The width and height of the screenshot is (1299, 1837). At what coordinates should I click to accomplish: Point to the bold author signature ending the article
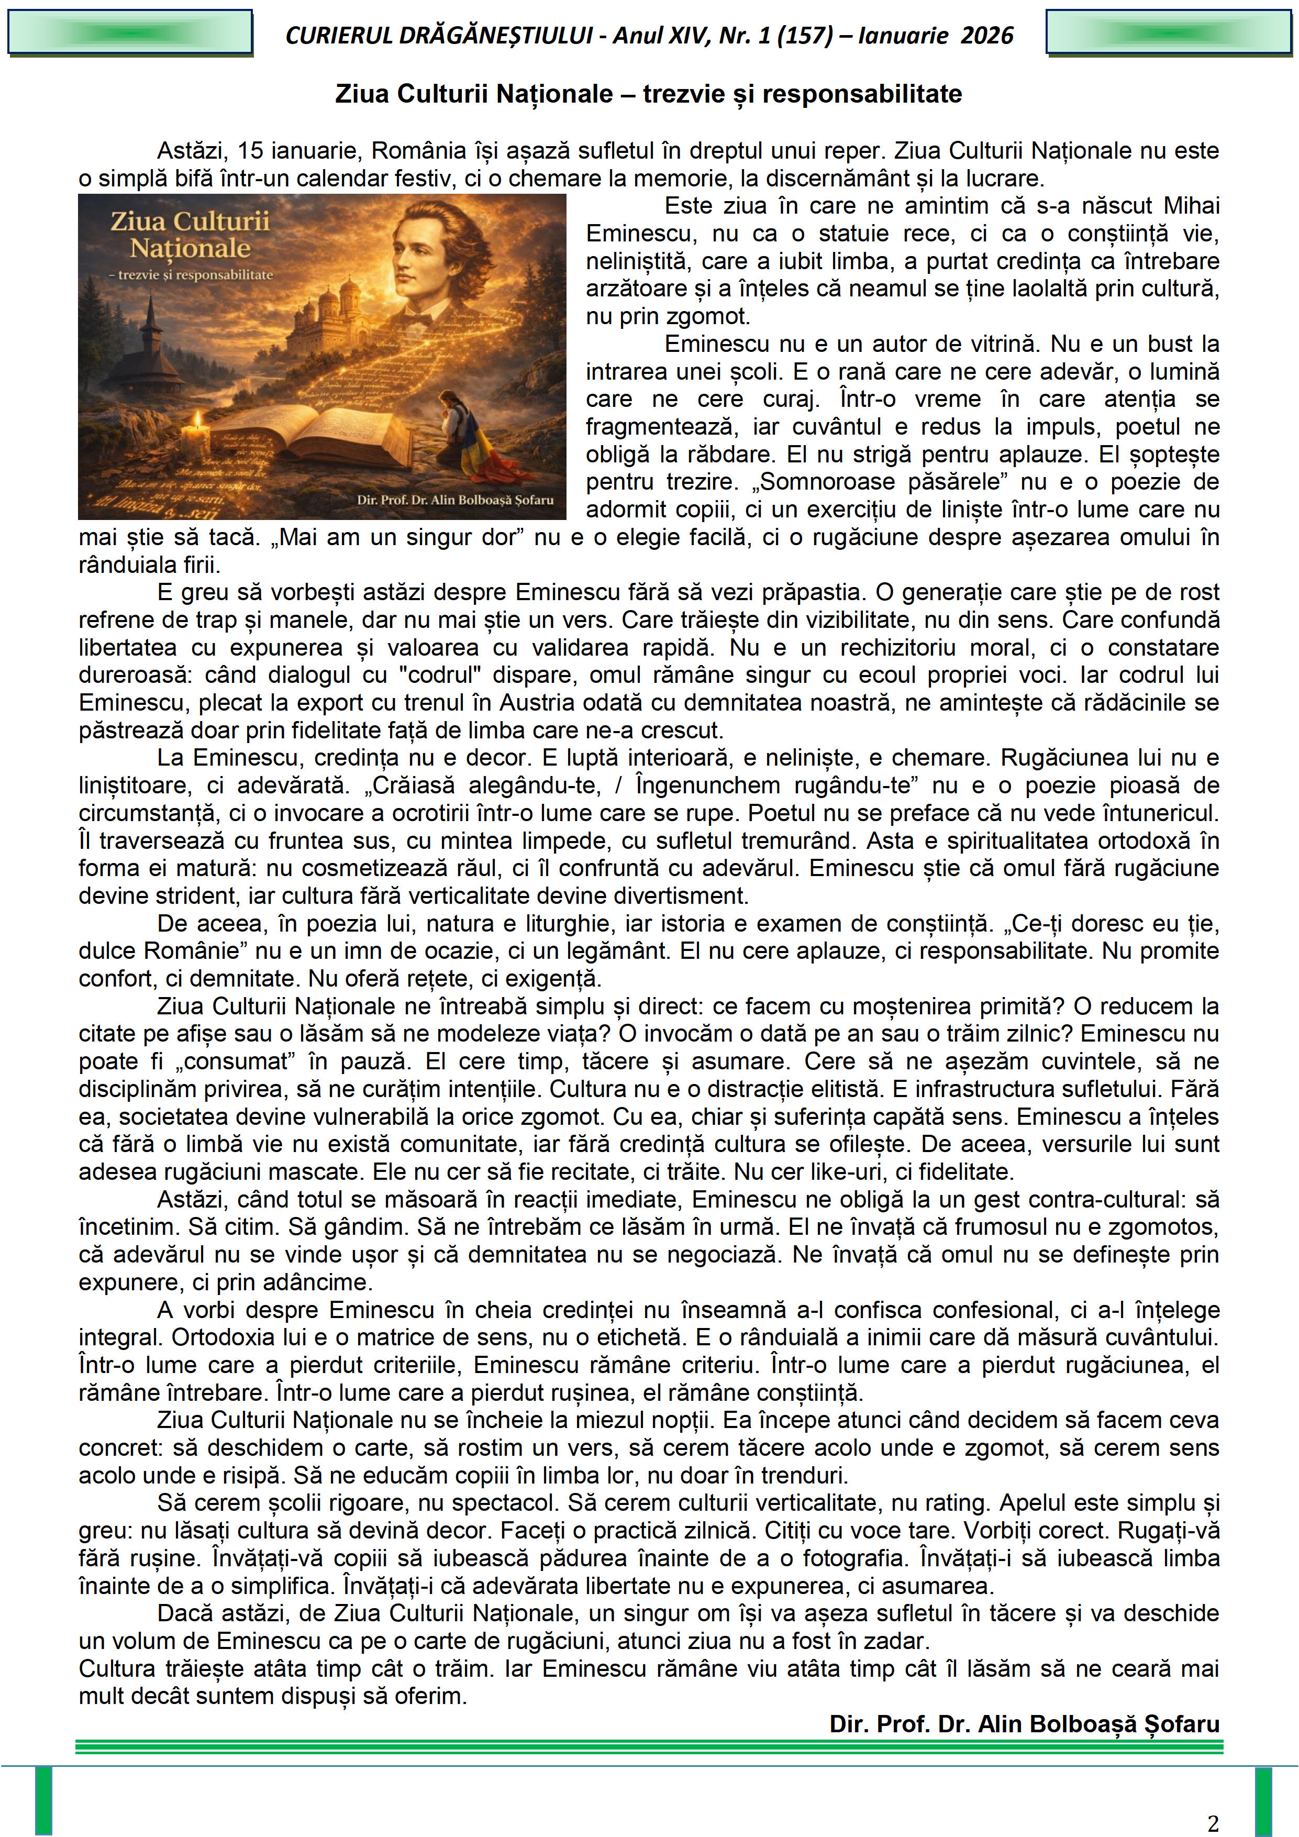[1024, 1723]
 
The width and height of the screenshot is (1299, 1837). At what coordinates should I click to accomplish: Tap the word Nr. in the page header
[736, 35]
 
